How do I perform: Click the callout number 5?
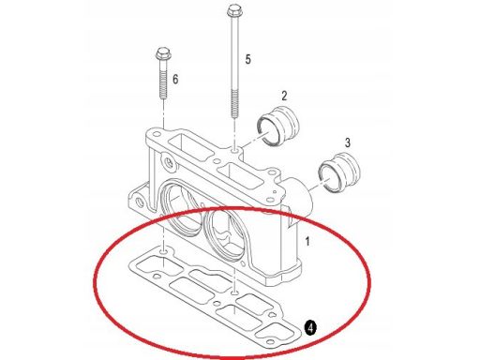pos(247,59)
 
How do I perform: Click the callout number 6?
pos(175,79)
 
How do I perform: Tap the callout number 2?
pos(284,96)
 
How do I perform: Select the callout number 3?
pos(348,142)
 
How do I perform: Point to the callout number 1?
pos(307,241)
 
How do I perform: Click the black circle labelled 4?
pos(310,328)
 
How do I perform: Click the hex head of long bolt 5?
pos(232,11)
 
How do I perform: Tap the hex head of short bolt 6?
pos(163,54)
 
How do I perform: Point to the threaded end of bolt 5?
pos(234,104)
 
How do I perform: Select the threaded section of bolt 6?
pos(163,86)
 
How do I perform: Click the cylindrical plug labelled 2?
pos(278,126)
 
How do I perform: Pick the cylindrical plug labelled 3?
pos(338,172)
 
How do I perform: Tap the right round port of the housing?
pos(227,233)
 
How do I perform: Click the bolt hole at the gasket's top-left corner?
pos(163,251)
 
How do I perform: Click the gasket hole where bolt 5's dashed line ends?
pos(235,293)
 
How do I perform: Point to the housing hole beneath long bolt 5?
pos(234,151)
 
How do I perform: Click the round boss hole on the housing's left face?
pos(169,163)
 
